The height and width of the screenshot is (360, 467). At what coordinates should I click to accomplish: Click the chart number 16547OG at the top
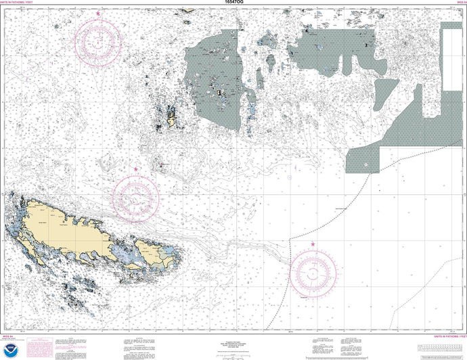point(234,3)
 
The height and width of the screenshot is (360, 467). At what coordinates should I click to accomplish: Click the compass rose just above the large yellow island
point(136,194)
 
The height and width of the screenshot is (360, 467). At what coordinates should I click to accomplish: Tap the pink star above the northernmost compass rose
point(98,14)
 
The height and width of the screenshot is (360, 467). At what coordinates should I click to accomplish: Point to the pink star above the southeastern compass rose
point(313,244)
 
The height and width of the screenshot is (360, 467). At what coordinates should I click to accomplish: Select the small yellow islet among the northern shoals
point(172,121)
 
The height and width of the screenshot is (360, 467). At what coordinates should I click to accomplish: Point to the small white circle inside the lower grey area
point(366,164)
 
